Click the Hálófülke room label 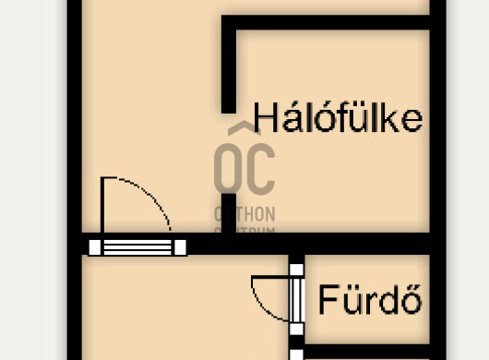(x=338, y=118)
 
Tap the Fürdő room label (x=371, y=300)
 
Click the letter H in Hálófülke (x=265, y=118)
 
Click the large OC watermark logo (x=244, y=166)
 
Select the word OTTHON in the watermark (x=244, y=212)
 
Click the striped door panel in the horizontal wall (x=137, y=246)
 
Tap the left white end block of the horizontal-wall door (x=95, y=246)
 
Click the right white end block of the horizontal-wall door (x=180, y=246)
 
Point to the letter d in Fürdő (x=385, y=300)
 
